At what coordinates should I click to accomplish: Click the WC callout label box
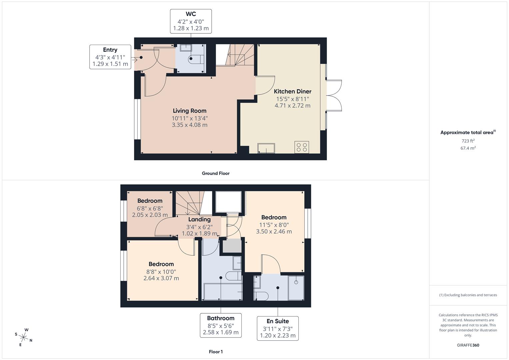pos(191,21)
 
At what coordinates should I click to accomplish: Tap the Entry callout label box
pos(110,57)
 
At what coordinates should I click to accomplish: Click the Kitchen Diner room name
pos(292,91)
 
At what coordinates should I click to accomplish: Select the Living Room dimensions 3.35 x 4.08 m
pos(189,125)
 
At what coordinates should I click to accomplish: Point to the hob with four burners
pos(301,147)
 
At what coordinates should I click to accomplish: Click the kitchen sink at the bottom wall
pos(266,148)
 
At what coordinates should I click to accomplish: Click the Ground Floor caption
pos(216,173)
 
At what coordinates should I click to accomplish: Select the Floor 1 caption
pos(216,352)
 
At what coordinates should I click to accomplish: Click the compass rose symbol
pos(23,337)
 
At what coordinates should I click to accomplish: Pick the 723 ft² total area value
pos(468,141)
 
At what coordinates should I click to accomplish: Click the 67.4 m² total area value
pos(468,148)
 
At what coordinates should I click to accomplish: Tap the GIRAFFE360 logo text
pos(468,345)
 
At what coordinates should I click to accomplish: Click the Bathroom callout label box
pos(221,325)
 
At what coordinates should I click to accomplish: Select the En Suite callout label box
pos(277,328)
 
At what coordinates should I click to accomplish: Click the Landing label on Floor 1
pos(199,219)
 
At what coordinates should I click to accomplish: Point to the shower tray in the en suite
pos(296,288)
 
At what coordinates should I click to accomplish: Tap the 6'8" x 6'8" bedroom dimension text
pos(150,208)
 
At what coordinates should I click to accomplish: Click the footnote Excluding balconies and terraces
pos(468,295)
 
